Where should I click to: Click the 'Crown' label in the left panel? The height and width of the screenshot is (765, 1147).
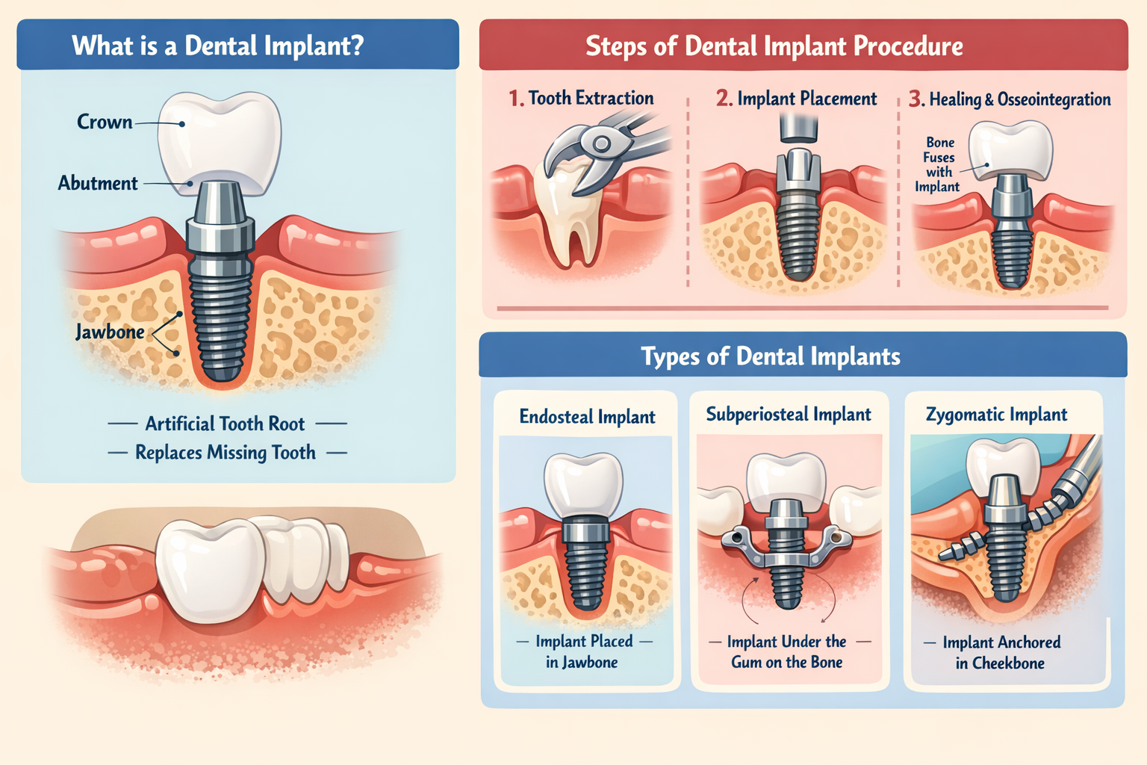[105, 122]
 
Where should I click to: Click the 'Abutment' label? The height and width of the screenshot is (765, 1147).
[98, 183]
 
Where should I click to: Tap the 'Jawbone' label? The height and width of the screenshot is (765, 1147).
[110, 332]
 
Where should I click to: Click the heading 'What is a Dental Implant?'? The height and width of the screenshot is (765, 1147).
[218, 46]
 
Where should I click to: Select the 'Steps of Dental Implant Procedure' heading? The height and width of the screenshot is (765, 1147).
[774, 46]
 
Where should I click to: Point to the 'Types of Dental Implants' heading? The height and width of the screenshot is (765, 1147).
[770, 356]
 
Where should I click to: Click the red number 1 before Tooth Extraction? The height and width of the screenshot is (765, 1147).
[515, 99]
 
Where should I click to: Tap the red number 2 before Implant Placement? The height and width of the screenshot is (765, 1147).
[724, 99]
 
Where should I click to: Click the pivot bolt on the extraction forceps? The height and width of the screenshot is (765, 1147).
[601, 143]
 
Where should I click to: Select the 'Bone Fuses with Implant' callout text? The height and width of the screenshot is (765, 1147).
[938, 164]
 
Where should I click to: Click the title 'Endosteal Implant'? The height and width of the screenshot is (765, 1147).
[587, 417]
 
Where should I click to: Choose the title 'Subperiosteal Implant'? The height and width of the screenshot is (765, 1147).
[789, 415]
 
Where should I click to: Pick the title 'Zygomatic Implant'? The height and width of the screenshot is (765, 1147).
[996, 415]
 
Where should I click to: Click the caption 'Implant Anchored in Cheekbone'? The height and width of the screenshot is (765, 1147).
[1001, 652]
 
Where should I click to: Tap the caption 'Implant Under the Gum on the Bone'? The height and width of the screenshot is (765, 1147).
[787, 651]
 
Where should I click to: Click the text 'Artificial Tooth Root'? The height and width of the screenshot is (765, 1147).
[225, 424]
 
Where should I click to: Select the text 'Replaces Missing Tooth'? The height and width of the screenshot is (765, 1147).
[225, 453]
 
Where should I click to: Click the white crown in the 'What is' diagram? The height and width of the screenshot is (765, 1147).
[220, 138]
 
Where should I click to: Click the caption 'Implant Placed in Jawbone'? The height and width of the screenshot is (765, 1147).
[583, 651]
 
